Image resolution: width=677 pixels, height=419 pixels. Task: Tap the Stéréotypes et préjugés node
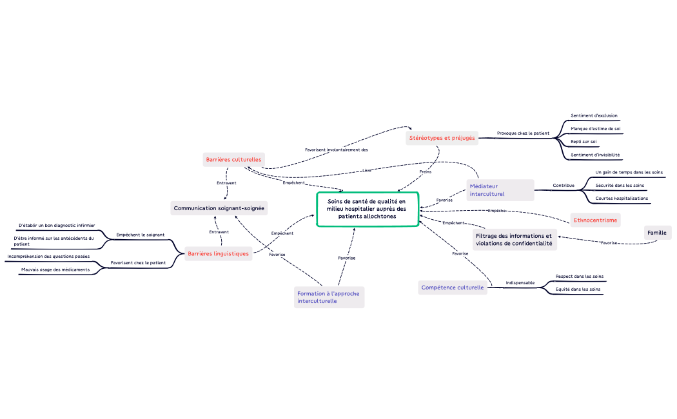[x=442, y=138]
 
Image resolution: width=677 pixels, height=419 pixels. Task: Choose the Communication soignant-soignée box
[x=219, y=208]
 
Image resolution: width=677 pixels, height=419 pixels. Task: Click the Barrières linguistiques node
[x=218, y=254]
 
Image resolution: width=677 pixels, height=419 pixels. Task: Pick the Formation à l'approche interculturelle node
[x=329, y=297]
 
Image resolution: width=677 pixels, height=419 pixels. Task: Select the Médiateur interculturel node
[x=500, y=190]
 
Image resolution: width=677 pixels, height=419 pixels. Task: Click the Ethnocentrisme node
[x=595, y=220]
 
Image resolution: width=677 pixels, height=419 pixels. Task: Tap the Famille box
[x=657, y=233]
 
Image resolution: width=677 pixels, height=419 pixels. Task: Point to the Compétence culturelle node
[x=453, y=287]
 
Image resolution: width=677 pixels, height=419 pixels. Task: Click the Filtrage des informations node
[x=514, y=240]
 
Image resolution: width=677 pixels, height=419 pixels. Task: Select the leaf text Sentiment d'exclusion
[x=594, y=116]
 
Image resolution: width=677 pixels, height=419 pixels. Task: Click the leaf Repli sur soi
[x=584, y=142]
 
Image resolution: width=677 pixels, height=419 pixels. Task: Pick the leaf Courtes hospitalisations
[x=622, y=199]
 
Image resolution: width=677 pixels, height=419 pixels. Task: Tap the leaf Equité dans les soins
[x=578, y=290]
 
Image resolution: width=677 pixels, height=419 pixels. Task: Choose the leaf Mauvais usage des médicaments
[x=55, y=269]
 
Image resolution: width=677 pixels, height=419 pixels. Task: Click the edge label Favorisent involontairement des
[x=337, y=150]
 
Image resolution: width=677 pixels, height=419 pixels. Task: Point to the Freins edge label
[x=426, y=172]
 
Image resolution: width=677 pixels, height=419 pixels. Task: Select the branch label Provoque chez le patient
[x=523, y=133]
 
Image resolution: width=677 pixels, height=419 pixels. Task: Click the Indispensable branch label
[x=520, y=283]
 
